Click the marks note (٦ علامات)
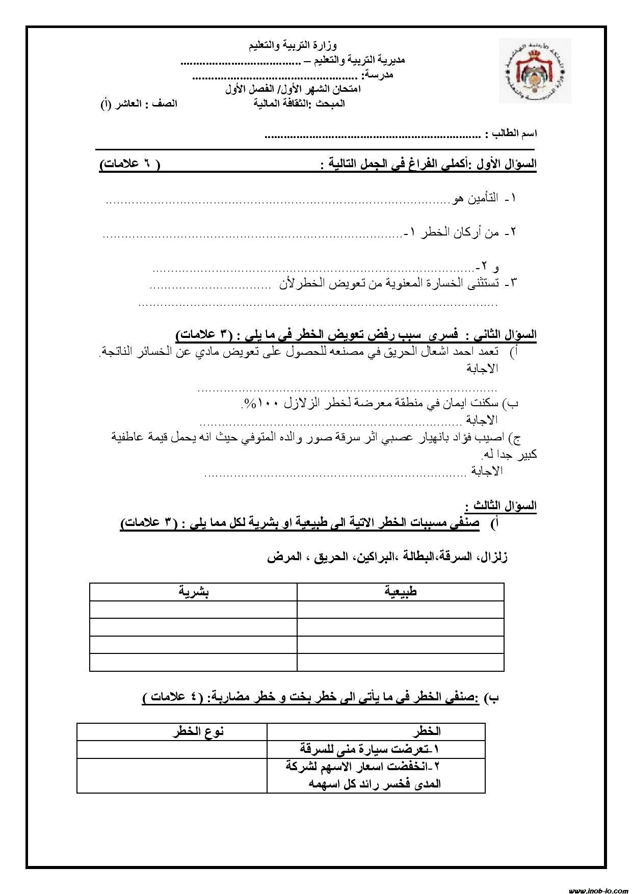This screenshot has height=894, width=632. coord(129,165)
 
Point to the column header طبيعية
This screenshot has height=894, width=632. coord(401,592)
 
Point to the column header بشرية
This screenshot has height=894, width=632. coord(193,592)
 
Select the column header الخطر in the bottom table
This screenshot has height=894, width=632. coord(427,731)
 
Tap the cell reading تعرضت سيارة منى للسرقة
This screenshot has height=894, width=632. coord(370,749)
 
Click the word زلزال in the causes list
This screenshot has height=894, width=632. coord(491,557)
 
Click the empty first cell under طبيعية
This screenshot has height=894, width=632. coord(400,610)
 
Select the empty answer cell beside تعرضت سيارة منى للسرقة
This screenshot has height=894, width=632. coord(172,749)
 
